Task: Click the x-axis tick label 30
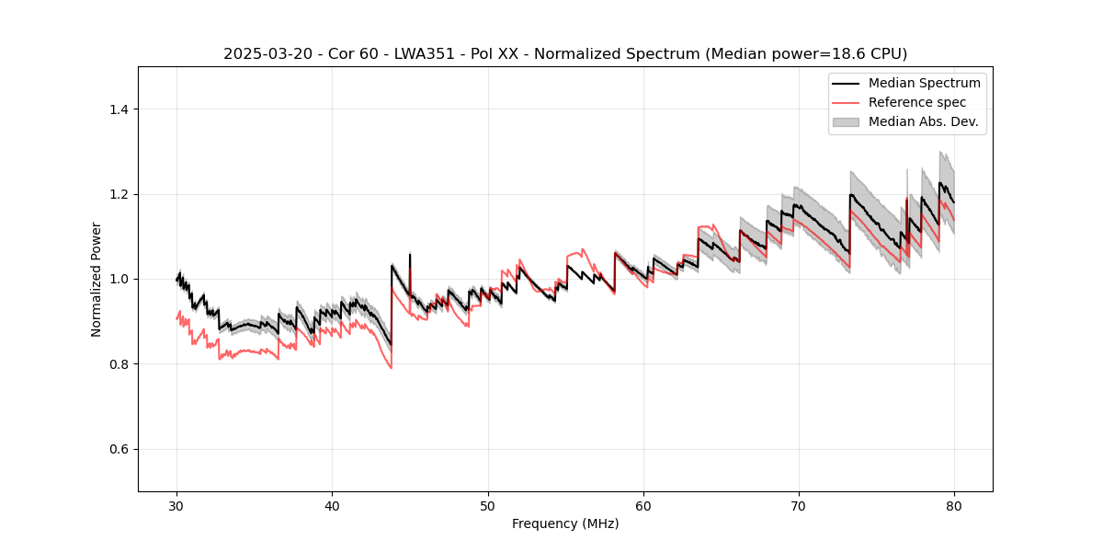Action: point(177,506)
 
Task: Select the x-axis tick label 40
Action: point(333,506)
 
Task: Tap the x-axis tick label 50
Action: point(488,506)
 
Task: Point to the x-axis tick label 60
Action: point(643,506)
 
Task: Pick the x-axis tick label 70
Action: point(799,506)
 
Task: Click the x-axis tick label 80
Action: point(954,506)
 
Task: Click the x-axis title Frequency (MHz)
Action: point(565,524)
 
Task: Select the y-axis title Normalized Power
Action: point(96,279)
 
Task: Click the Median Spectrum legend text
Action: point(924,83)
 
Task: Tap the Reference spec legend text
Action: point(917,102)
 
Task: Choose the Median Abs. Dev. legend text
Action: point(923,121)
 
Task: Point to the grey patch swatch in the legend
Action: point(846,121)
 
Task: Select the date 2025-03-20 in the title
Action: point(262,54)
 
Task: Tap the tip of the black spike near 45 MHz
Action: point(410,254)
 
